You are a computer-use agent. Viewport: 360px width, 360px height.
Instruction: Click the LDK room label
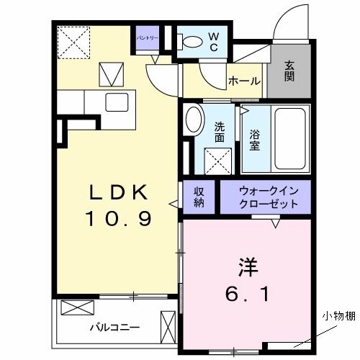click(120, 192)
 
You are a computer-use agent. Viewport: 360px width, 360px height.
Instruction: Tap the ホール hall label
click(244, 81)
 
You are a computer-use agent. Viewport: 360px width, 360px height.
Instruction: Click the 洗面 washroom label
click(221, 131)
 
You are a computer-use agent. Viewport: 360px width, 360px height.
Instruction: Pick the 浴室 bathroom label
click(254, 138)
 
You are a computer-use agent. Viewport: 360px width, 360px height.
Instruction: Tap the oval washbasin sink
click(193, 120)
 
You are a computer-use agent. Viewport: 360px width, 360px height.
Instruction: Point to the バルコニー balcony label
click(114, 326)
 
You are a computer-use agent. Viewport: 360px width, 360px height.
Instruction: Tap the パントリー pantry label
click(148, 37)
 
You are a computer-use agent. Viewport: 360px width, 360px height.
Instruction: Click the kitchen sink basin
click(116, 102)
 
